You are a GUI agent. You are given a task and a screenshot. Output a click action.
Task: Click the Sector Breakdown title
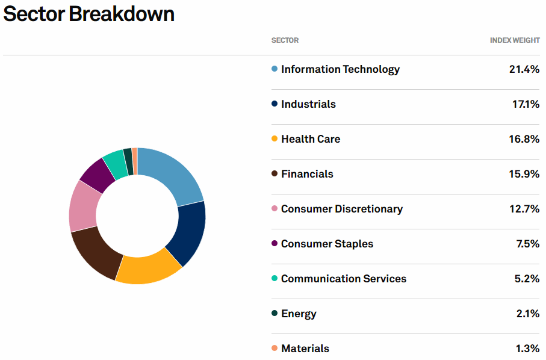[x=89, y=14]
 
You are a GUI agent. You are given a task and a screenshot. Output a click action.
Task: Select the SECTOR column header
[x=285, y=40]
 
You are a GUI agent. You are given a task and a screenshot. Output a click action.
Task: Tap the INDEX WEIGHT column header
[x=515, y=40]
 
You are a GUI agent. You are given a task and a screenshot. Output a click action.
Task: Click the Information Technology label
[x=340, y=69]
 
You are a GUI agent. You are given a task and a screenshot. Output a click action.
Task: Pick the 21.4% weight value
[x=524, y=69]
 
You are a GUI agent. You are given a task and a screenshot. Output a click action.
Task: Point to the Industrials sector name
[x=308, y=104]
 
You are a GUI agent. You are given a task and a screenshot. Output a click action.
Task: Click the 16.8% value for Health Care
[x=524, y=139]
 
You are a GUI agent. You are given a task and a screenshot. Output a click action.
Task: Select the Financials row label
[x=307, y=174]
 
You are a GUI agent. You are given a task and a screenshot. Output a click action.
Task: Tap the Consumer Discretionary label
[x=341, y=209]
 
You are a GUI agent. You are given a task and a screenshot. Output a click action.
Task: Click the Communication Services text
[x=343, y=279]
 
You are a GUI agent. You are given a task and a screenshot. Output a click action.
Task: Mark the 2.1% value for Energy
[x=527, y=314]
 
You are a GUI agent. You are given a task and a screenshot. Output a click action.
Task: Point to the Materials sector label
[x=305, y=349]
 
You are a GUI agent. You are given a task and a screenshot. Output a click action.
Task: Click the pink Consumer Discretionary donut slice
[x=84, y=205]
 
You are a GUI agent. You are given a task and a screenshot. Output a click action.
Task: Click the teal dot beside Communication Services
[x=275, y=279]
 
